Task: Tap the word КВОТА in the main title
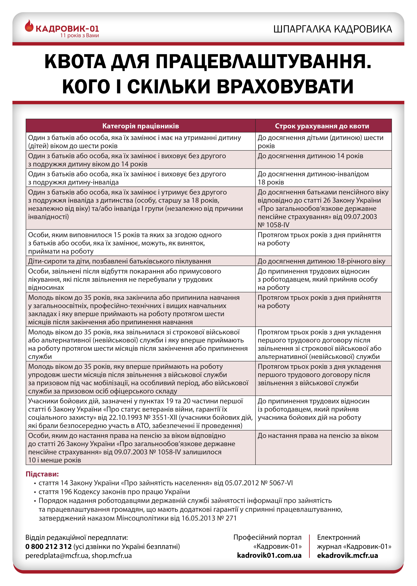pyautogui.click(x=75, y=62)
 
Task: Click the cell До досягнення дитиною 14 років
pyautogui.click(x=310, y=156)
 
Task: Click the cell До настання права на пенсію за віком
pyautogui.click(x=318, y=436)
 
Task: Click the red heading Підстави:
pyautogui.click(x=42, y=474)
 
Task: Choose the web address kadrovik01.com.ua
pyautogui.click(x=269, y=555)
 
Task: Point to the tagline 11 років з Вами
pyautogui.click(x=80, y=36)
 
